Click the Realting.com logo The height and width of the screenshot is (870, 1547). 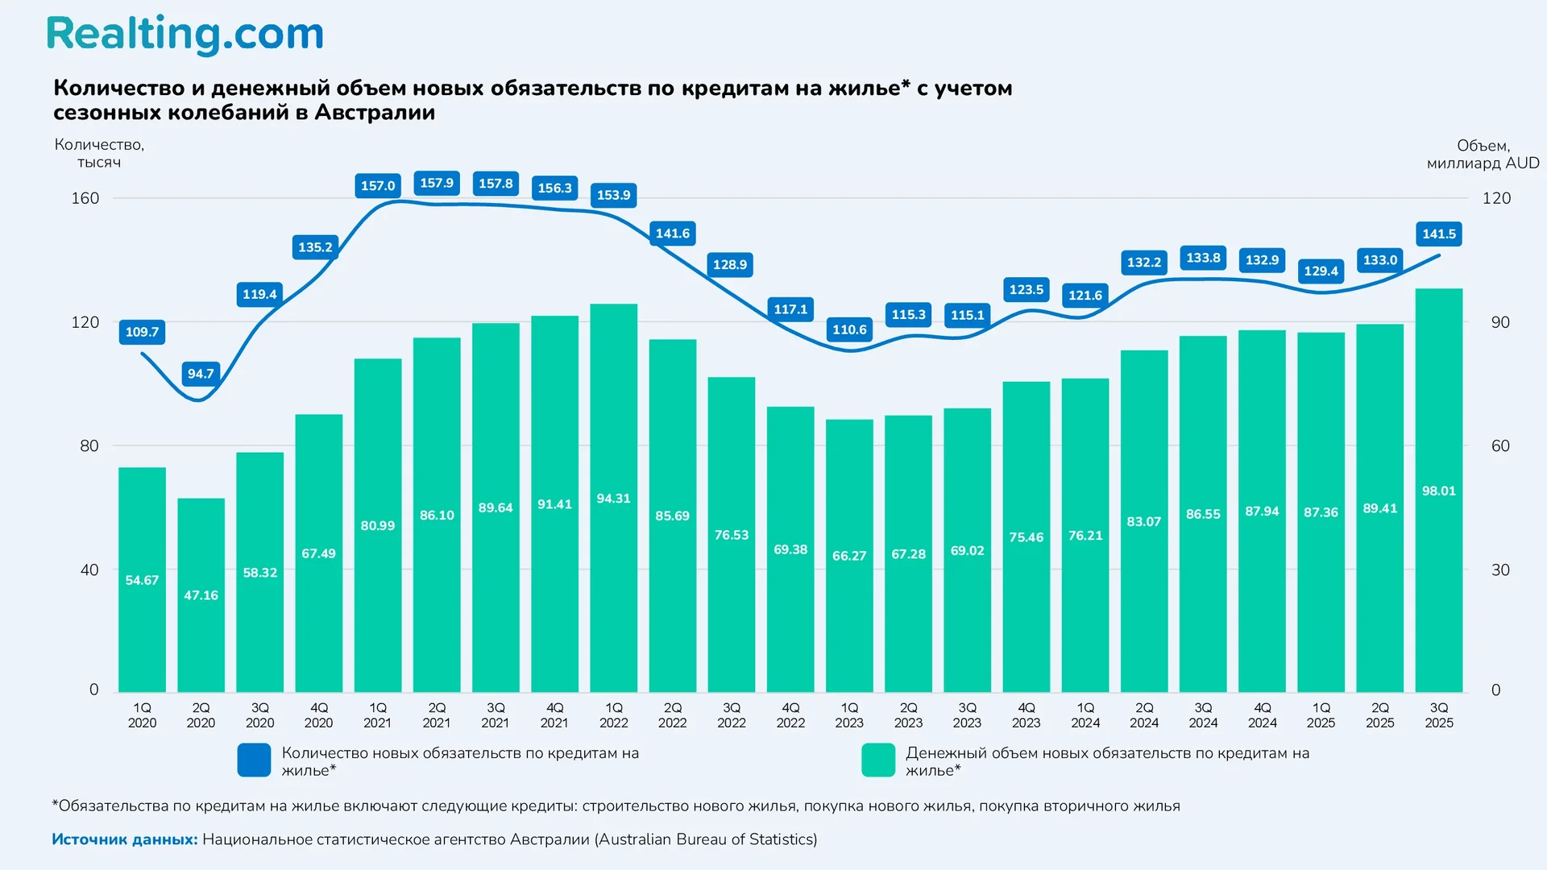tap(185, 35)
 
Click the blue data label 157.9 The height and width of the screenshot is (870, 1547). tap(437, 184)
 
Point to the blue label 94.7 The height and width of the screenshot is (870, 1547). tap(201, 374)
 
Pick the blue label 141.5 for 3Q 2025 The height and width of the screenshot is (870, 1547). tap(1438, 234)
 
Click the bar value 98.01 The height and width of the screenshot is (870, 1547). tap(1438, 491)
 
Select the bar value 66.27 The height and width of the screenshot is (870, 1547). tap(849, 556)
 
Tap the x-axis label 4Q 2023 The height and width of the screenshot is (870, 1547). tap(1026, 715)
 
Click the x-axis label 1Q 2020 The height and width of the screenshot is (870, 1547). tap(142, 715)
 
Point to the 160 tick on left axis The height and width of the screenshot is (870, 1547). tap(85, 198)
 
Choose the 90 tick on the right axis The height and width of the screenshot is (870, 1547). tap(1499, 322)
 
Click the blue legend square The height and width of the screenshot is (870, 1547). tap(254, 760)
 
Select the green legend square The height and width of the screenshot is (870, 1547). tap(877, 760)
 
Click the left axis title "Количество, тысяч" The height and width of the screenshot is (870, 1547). tap(99, 153)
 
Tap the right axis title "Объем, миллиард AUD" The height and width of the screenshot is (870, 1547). tap(1483, 154)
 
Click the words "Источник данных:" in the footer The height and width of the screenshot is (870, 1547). tap(125, 839)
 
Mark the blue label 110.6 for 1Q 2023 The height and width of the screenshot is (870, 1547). tap(849, 329)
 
